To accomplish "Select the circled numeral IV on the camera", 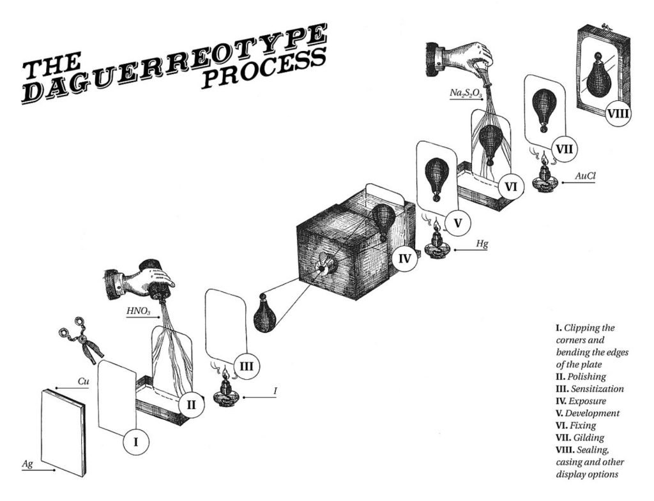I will [404, 258].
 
